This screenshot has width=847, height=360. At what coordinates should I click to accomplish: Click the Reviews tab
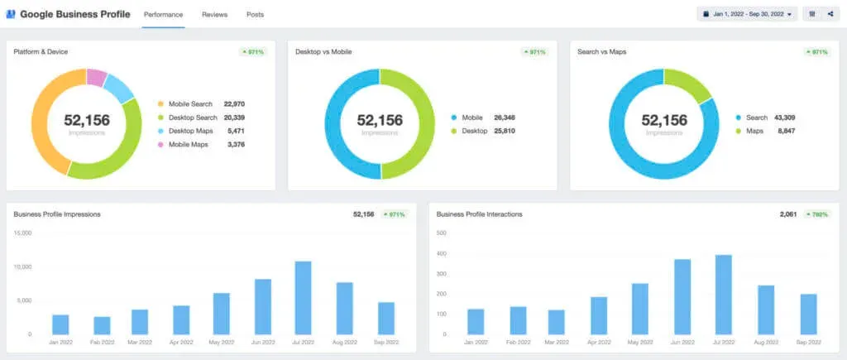(214, 15)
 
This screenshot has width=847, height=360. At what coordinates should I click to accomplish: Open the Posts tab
(256, 15)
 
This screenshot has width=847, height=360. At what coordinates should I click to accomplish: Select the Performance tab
(163, 15)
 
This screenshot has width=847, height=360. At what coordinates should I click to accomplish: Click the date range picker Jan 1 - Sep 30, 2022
(748, 15)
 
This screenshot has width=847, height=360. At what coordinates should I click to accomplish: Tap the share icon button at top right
(830, 15)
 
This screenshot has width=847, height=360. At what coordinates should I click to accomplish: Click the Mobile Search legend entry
(190, 104)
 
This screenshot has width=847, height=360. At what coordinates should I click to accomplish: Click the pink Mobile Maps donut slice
(96, 78)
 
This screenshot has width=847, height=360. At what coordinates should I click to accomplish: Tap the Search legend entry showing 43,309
(756, 118)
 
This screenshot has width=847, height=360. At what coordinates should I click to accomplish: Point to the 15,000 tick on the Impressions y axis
(22, 233)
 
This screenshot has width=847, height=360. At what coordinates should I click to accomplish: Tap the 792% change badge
(817, 214)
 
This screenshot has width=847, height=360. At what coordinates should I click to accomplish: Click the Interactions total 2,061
(787, 214)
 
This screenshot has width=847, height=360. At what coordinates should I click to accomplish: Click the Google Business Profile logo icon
(11, 15)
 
